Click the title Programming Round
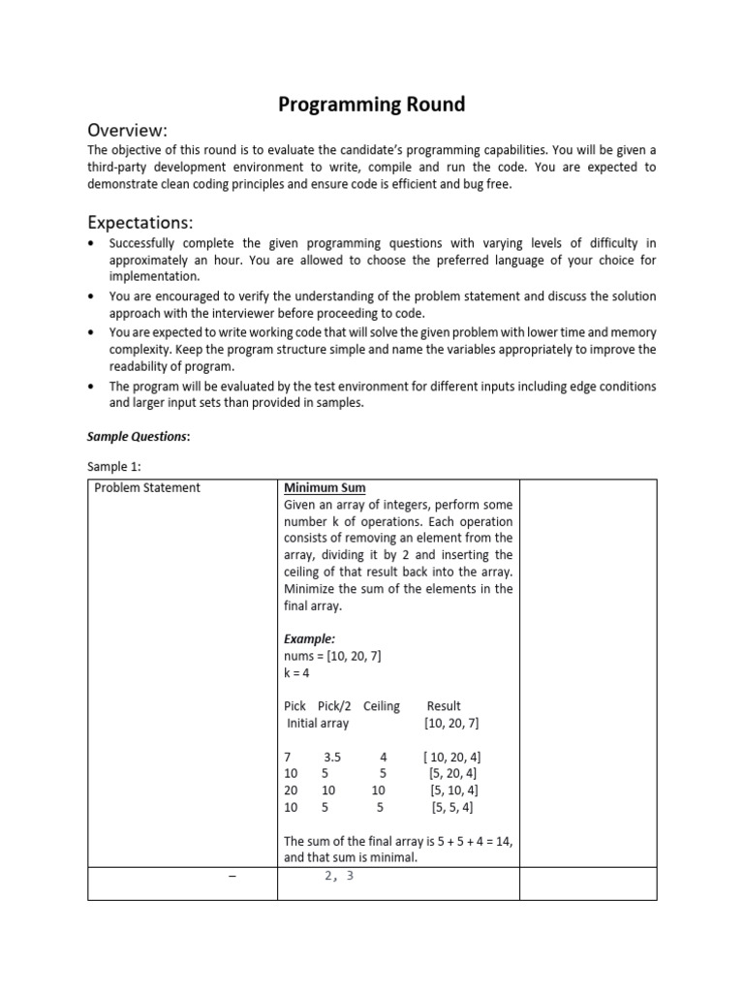point(371,104)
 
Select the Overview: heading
point(128,130)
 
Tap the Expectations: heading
point(140,221)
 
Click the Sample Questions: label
point(139,436)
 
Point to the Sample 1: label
point(113,466)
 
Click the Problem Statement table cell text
point(147,487)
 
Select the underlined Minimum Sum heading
point(325,487)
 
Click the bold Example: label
point(309,639)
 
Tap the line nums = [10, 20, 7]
point(332,656)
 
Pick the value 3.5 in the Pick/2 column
point(334,757)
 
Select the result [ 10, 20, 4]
point(450,757)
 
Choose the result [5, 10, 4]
point(452,790)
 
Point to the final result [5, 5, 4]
point(450,807)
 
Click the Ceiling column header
point(382,706)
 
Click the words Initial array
point(318,723)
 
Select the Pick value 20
point(292,790)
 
